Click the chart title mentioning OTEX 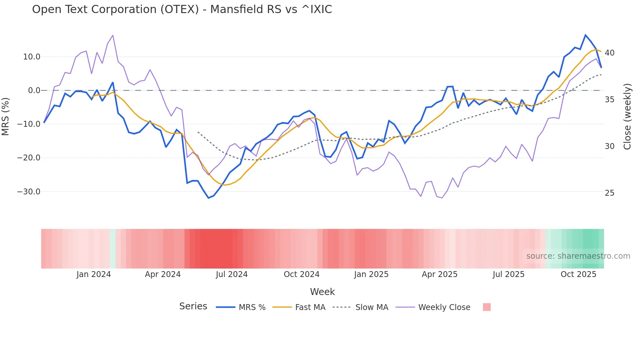tap(182, 9)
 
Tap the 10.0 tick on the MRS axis tap(32, 57)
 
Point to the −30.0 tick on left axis tap(29, 192)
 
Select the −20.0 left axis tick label tap(29, 158)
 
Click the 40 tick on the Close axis tap(609, 53)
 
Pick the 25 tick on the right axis tap(609, 193)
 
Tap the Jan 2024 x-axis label tap(94, 274)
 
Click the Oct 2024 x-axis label tap(301, 274)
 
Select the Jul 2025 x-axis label tap(508, 274)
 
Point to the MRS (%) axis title tap(6, 116)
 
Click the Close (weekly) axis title tap(627, 117)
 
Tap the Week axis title tap(322, 292)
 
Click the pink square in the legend tap(487, 307)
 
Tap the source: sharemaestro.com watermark tap(578, 256)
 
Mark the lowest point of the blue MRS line tap(208, 198)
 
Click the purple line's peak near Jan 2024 tap(113, 35)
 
